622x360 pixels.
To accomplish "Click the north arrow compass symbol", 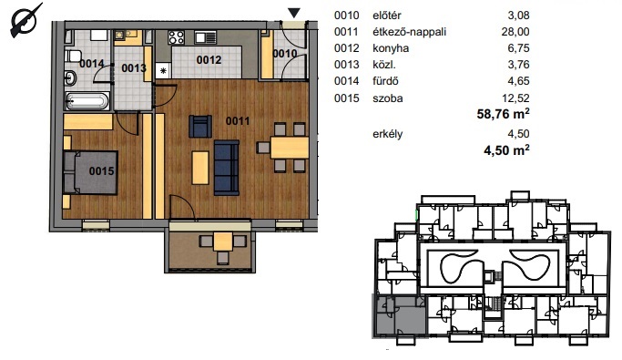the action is (x=25, y=21).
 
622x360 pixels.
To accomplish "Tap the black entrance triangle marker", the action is (x=293, y=13).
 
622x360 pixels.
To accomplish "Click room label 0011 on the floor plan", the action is (x=238, y=120).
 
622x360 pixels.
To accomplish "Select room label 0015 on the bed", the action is (x=102, y=171).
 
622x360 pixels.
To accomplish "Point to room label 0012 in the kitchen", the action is (x=209, y=60).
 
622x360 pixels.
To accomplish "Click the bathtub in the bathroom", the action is (x=87, y=101).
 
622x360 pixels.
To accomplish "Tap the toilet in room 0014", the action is (x=74, y=56).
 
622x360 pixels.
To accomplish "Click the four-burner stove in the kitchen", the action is (x=176, y=37).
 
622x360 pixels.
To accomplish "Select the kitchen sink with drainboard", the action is (x=206, y=37).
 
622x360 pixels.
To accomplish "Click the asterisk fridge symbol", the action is (x=163, y=71).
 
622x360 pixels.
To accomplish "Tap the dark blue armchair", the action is (x=200, y=127).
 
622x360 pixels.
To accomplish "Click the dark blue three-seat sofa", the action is (x=227, y=168).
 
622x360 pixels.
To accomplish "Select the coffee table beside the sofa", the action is (x=200, y=168).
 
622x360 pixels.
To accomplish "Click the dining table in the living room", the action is (x=290, y=148).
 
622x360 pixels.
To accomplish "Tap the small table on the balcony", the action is (x=223, y=242).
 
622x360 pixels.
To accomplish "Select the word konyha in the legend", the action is (x=391, y=48).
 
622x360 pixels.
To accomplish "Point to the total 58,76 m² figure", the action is (x=503, y=114).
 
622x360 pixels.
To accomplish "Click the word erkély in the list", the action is (x=388, y=134).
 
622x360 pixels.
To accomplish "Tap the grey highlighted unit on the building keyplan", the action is (x=399, y=315).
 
